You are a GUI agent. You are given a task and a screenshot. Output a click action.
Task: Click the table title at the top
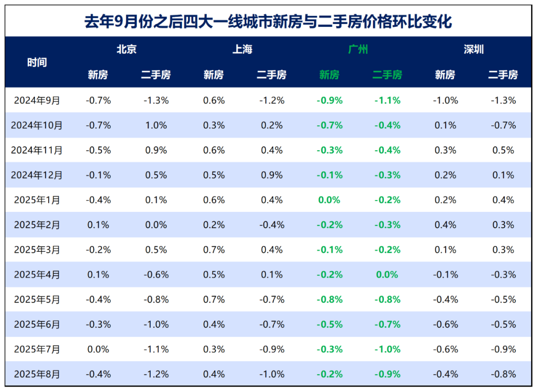point(268,22)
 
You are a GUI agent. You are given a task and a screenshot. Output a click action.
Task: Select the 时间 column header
point(37,62)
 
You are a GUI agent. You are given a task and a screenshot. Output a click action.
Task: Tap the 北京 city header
point(126,49)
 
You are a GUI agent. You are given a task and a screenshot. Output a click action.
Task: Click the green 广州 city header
point(358,49)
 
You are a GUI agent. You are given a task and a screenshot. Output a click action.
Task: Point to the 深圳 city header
point(474,49)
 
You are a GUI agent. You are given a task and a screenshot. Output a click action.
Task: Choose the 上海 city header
point(242,49)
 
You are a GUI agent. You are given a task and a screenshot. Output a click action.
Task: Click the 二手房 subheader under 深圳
point(503,75)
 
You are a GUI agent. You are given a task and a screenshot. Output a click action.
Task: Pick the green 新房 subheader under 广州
point(329,75)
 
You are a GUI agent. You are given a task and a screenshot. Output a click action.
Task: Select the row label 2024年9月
point(37,100)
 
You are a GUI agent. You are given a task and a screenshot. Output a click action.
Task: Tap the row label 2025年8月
point(37,374)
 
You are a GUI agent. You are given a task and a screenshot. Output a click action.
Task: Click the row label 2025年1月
point(37,200)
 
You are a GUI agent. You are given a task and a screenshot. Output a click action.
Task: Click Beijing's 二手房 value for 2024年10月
point(156,125)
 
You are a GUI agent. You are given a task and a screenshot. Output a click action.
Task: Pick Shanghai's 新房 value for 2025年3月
point(214,250)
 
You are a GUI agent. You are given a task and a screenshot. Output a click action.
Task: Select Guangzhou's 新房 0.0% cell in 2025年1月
point(329,200)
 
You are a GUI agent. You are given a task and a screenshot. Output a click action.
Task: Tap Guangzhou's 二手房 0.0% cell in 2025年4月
point(387,275)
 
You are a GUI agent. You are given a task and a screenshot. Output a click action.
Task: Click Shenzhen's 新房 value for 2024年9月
point(445,100)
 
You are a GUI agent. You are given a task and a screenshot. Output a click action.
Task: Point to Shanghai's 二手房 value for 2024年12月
point(271,175)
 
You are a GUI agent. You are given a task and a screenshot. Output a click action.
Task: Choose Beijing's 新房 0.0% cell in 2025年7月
point(98,349)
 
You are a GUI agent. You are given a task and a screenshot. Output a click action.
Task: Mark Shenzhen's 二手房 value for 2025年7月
point(503,349)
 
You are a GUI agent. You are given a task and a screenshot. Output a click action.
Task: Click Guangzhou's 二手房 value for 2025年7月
point(387,349)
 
